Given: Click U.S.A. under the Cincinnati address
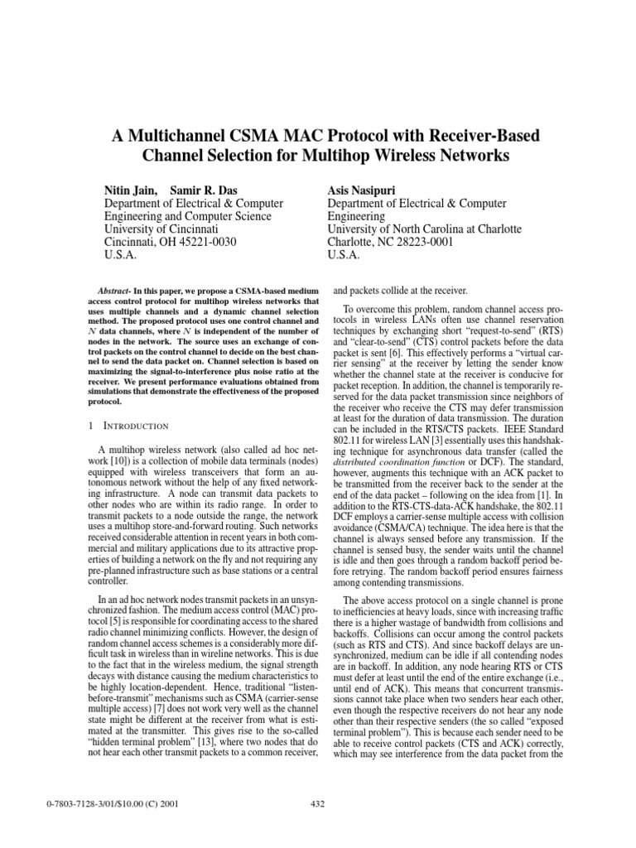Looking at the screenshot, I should [120, 255].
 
